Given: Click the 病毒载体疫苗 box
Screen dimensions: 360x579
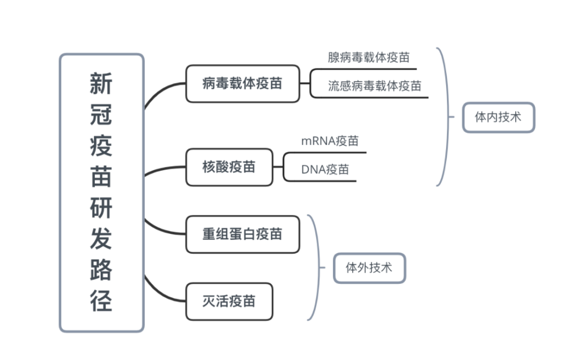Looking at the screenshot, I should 242,84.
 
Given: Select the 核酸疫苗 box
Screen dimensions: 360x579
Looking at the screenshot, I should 229,167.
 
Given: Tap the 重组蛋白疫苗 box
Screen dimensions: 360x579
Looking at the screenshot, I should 242,234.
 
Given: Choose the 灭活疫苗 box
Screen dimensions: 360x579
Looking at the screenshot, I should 229,302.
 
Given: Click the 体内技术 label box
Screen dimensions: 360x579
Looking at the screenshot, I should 498,117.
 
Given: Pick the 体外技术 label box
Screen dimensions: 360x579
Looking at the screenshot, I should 369,268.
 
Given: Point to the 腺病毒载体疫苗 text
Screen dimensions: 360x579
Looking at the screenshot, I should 368,57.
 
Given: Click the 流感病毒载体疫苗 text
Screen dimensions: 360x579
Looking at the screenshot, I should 374,86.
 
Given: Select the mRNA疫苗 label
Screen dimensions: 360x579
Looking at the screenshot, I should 330,141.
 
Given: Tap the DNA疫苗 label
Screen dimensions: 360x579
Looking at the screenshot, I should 325,170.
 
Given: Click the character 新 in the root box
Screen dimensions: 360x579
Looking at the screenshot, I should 101,84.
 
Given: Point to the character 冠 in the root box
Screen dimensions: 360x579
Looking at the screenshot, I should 101,115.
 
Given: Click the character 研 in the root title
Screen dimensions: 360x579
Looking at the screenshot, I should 101,208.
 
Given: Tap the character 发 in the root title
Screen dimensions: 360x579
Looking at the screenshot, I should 101,239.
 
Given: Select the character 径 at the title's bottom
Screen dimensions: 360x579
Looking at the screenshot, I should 101,301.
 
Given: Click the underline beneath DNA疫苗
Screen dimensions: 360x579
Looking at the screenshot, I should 322,181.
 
